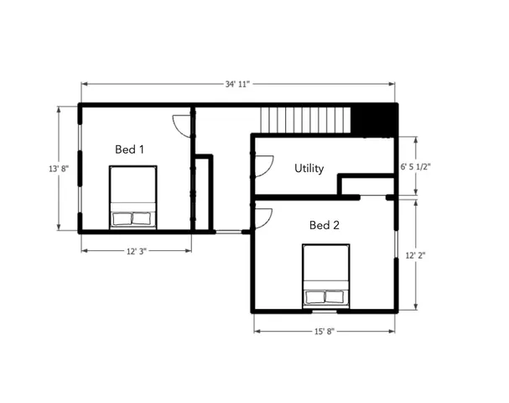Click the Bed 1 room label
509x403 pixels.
pyautogui.click(x=130, y=149)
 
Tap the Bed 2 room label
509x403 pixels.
pyautogui.click(x=325, y=225)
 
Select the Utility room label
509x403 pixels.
pyautogui.click(x=309, y=169)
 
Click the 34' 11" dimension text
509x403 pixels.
pyautogui.click(x=238, y=84)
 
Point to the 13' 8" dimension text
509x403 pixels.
pyautogui.click(x=59, y=169)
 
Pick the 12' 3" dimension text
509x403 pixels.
pyautogui.click(x=135, y=250)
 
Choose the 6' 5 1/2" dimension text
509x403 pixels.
pyautogui.click(x=416, y=167)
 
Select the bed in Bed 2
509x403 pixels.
pyautogui.click(x=325, y=275)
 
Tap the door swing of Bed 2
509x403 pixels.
pyautogui.click(x=263, y=218)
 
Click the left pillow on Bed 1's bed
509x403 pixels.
pyautogui.click(x=122, y=219)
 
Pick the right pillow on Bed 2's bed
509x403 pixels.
pyautogui.click(x=335, y=296)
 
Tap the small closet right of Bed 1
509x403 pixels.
pyautogui.click(x=202, y=192)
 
